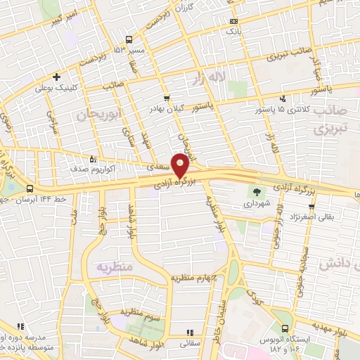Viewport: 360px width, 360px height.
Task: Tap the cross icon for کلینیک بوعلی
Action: tap(56, 77)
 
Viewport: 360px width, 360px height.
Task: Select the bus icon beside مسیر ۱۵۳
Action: tap(128, 40)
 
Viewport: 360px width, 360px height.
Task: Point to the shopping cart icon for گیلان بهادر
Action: tap(166, 98)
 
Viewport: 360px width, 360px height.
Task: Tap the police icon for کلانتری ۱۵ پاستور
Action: tap(282, 99)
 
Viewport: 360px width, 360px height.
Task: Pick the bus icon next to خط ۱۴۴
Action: tap(30, 189)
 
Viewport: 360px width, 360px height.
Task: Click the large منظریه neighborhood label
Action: tap(113, 267)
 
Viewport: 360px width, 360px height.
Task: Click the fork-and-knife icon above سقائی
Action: tap(188, 333)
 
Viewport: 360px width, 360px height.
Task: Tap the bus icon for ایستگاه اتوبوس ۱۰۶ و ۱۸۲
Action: tap(284, 328)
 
